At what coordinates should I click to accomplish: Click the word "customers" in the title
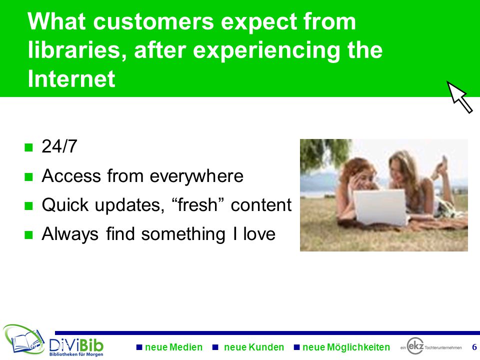[x=153, y=21]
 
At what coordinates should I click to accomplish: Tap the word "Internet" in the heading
[x=71, y=78]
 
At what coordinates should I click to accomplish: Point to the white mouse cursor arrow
[x=459, y=97]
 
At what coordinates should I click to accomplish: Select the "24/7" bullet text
[x=59, y=146]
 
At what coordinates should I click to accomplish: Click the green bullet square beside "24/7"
[x=28, y=147]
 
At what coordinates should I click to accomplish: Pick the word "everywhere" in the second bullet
[x=196, y=176]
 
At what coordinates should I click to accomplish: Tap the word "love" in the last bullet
[x=259, y=234]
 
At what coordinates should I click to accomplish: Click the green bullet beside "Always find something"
[x=28, y=235]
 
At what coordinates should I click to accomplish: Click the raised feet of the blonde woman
[x=441, y=167]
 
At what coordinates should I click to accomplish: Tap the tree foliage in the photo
[x=324, y=153]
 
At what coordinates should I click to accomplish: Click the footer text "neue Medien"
[x=173, y=347]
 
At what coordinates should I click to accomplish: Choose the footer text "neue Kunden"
[x=254, y=347]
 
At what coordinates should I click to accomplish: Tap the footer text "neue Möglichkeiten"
[x=346, y=347]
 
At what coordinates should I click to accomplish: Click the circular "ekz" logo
[x=415, y=346]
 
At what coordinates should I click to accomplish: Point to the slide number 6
[x=474, y=347]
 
